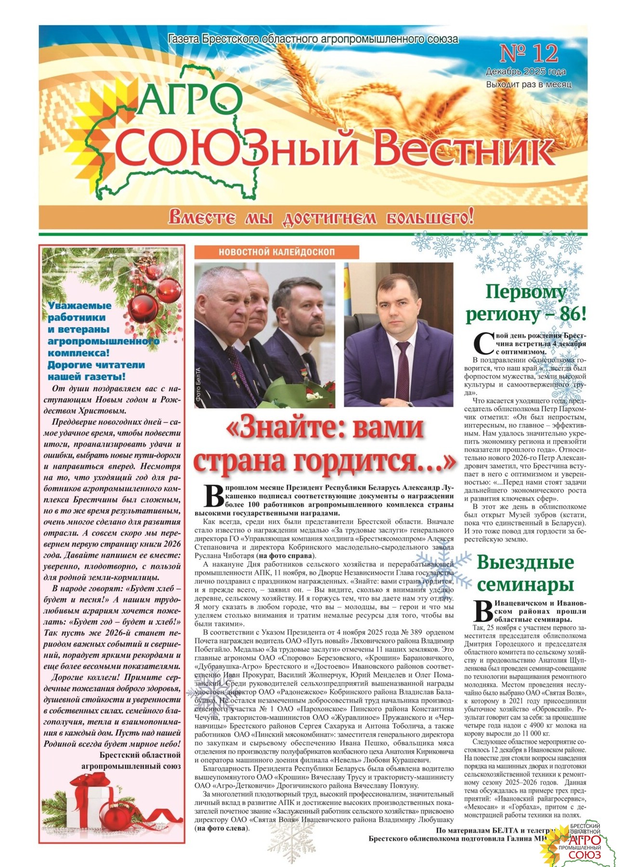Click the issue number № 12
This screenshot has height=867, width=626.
point(529,53)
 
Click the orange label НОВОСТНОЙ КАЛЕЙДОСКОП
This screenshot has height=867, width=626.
point(276,252)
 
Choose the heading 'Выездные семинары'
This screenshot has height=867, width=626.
point(525,573)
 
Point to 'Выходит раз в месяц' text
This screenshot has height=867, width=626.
point(528,84)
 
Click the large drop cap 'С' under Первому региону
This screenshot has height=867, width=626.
point(483,342)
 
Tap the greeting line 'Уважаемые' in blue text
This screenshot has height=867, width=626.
point(79,305)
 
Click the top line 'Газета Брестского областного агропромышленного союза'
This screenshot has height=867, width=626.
point(313,39)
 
